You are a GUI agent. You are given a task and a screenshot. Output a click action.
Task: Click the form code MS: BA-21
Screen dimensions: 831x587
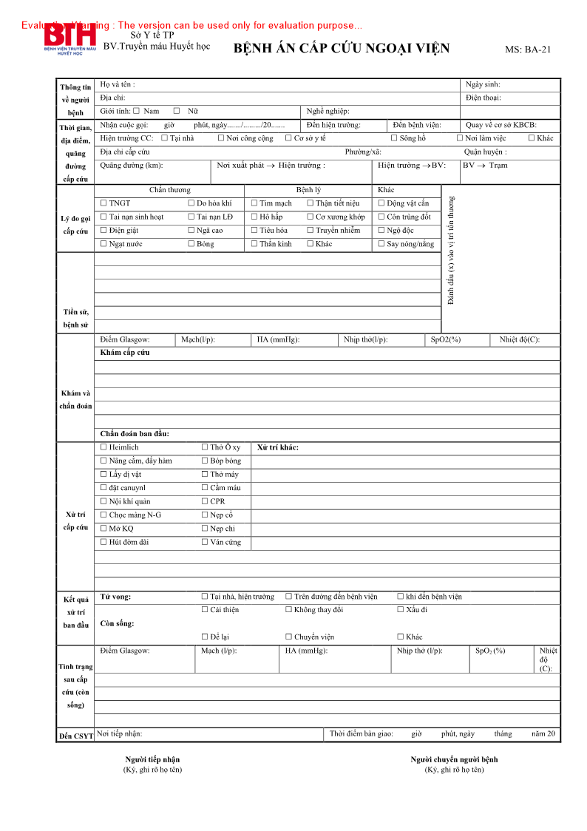click(x=528, y=50)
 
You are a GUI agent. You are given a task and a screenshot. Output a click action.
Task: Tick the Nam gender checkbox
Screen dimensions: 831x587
click(x=136, y=111)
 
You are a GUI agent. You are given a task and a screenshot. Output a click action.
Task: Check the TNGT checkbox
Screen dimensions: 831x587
click(x=104, y=203)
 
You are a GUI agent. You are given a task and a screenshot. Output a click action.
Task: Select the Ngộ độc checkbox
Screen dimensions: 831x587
click(x=381, y=231)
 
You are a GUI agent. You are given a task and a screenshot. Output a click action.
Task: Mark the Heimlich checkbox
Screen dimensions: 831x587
click(x=104, y=447)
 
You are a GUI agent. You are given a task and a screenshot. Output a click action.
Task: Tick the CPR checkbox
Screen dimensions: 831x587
click(x=205, y=501)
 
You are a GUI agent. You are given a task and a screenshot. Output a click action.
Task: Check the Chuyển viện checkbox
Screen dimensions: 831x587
click(x=288, y=637)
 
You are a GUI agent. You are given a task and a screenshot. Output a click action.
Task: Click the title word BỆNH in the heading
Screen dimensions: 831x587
click(x=251, y=50)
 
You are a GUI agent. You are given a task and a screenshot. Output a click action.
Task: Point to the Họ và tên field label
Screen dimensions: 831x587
click(x=118, y=84)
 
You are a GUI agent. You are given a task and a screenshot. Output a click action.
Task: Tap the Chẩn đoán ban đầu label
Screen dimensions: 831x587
click(x=135, y=434)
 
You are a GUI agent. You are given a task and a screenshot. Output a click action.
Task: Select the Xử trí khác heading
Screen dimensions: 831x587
click(x=278, y=447)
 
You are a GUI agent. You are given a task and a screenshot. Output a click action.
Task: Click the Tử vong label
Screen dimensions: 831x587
click(x=115, y=597)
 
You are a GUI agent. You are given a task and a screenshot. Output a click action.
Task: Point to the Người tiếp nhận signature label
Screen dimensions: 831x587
click(x=152, y=759)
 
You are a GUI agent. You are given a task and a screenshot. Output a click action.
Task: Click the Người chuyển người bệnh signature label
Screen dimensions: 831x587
click(x=454, y=759)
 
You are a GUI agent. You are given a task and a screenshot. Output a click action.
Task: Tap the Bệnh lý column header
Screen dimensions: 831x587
click(x=308, y=190)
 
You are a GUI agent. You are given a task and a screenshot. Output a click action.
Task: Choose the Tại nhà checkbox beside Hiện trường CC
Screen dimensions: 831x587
click(x=164, y=138)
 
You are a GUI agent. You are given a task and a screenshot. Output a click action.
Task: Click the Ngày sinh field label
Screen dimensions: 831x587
click(x=483, y=84)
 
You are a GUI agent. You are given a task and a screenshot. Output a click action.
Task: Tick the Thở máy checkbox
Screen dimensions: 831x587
click(x=205, y=475)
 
